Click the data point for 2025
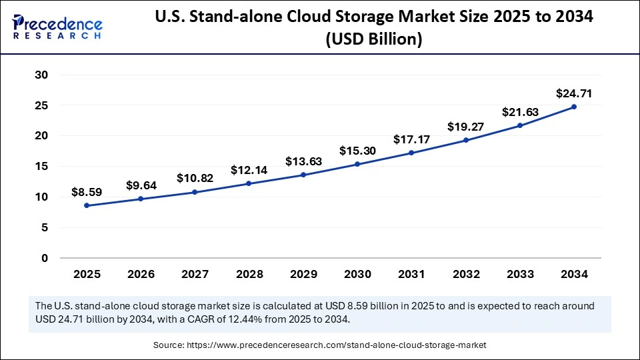click(x=87, y=205)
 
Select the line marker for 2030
click(x=357, y=164)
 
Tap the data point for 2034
click(x=574, y=107)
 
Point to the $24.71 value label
click(x=574, y=94)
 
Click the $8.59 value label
click(x=87, y=193)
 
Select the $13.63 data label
click(x=303, y=161)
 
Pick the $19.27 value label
click(x=466, y=127)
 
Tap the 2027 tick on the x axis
click(x=195, y=274)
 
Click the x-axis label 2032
click(x=466, y=274)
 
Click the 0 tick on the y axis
click(x=44, y=258)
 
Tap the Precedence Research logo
click(x=57, y=27)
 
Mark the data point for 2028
click(x=249, y=183)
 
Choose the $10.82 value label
click(x=195, y=179)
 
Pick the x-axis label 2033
click(x=520, y=274)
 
